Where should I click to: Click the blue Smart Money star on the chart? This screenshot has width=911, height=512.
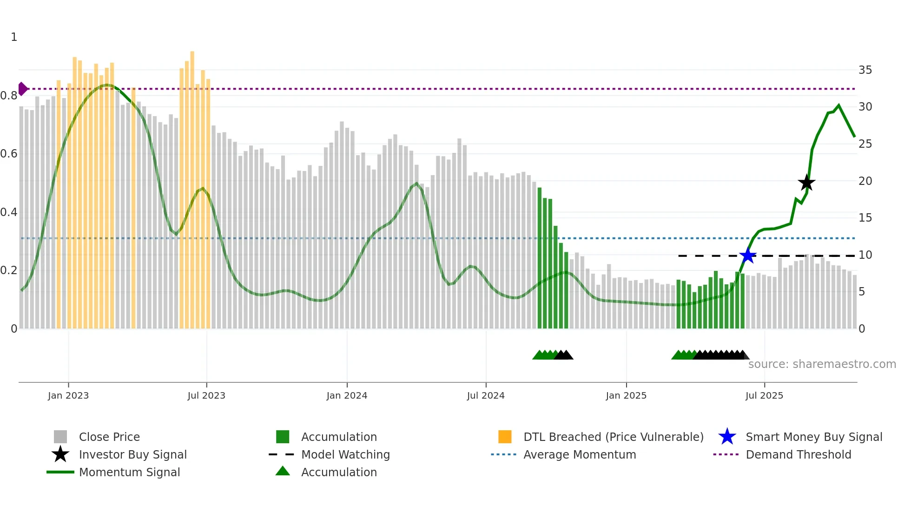(x=748, y=256)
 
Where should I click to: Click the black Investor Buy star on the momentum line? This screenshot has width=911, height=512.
(x=806, y=183)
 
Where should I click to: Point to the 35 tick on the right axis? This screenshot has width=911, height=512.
(x=865, y=70)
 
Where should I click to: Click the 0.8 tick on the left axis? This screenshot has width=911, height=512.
(x=9, y=96)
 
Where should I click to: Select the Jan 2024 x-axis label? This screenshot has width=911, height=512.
(x=347, y=395)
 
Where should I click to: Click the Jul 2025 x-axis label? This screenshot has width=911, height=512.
(x=764, y=395)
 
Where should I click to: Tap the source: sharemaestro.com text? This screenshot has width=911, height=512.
(x=822, y=364)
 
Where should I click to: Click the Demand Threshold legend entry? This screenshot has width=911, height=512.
(x=798, y=454)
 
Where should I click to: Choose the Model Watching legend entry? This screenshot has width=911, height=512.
(x=345, y=454)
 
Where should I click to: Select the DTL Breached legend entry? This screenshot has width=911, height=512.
(x=613, y=437)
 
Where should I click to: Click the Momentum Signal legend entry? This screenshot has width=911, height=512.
(x=129, y=472)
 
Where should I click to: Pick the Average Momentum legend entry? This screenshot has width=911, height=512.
(x=579, y=454)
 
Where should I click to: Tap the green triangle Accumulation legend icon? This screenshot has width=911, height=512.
(x=283, y=472)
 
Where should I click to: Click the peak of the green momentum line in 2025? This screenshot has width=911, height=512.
(x=838, y=105)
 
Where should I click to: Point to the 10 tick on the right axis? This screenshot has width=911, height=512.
(x=865, y=255)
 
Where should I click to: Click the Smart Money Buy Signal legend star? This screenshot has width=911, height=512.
(x=727, y=437)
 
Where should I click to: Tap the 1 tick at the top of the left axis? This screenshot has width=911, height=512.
(x=14, y=37)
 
